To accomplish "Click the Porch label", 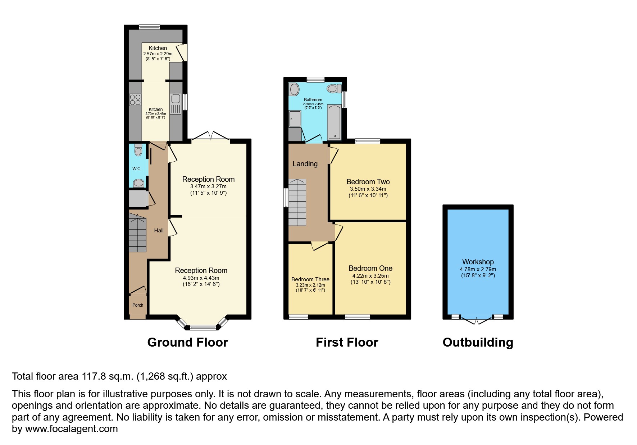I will click(138, 305).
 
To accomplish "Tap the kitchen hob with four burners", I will click(135, 99).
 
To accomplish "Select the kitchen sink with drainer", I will click(176, 103).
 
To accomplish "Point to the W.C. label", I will click(137, 169).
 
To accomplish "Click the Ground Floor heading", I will click(187, 342).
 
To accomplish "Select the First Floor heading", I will click(347, 342).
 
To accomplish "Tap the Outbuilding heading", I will click(478, 342).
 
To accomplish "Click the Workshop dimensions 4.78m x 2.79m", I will click(478, 269).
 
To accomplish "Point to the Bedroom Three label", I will click(310, 279).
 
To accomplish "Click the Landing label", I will click(305, 164).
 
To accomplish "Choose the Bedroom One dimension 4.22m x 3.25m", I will click(370, 276).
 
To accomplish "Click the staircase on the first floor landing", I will click(297, 202).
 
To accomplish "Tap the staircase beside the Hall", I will click(137, 233).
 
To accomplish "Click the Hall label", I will click(159, 231).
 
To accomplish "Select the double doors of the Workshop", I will click(476, 320).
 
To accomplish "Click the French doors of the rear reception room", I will click(211, 136).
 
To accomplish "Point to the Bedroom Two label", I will click(368, 182).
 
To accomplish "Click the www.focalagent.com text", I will click(71, 429).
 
